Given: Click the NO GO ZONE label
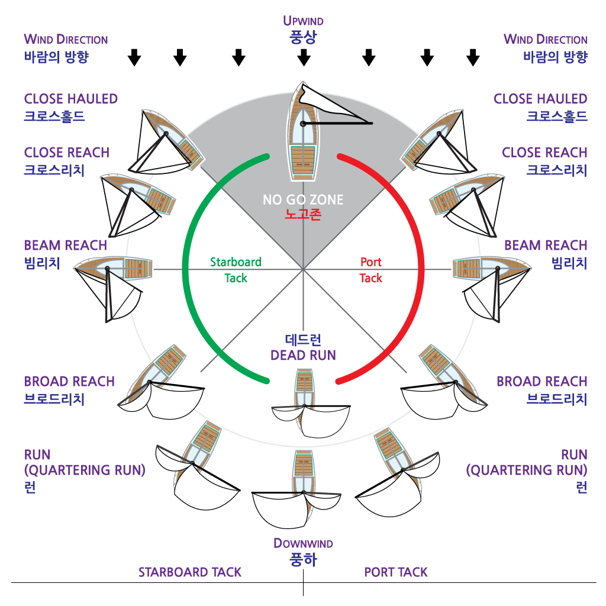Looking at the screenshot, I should click(x=303, y=200).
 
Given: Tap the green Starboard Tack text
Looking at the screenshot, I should click(x=236, y=270).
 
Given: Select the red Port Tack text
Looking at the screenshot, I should click(x=371, y=270).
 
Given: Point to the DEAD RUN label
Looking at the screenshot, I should click(x=303, y=348).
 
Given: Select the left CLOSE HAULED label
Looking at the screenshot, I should click(x=70, y=107).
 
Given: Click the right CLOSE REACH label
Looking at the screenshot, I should click(x=544, y=160).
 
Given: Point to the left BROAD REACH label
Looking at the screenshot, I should click(x=69, y=389).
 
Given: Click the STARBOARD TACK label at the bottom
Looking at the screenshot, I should click(x=190, y=572).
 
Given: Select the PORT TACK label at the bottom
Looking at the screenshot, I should click(x=396, y=572).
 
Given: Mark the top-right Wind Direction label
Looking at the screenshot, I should click(x=545, y=48).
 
